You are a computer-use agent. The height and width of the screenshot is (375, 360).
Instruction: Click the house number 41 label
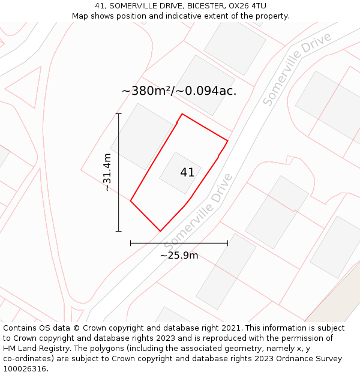pos(187,173)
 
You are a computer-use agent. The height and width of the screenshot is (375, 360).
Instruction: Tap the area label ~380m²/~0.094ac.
pos(179,91)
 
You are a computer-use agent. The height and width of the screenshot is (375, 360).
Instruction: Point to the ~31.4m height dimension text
pos(107,172)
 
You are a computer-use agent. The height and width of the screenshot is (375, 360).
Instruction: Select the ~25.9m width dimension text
pos(179,256)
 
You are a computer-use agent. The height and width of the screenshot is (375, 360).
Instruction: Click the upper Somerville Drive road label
pos(297,69)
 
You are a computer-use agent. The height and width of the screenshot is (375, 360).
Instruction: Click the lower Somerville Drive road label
pos(198,212)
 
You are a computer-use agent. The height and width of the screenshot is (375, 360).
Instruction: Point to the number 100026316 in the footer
pos(25,369)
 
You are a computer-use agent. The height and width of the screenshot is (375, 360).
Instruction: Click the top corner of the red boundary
pos(182,114)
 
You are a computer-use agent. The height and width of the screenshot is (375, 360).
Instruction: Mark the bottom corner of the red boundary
pos(160,231)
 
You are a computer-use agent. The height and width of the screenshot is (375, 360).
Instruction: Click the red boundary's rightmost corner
pos(227,140)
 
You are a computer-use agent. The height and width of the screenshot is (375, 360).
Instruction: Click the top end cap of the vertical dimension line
pos(119,113)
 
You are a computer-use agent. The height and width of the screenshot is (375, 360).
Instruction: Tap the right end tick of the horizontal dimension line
pos(227,243)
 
